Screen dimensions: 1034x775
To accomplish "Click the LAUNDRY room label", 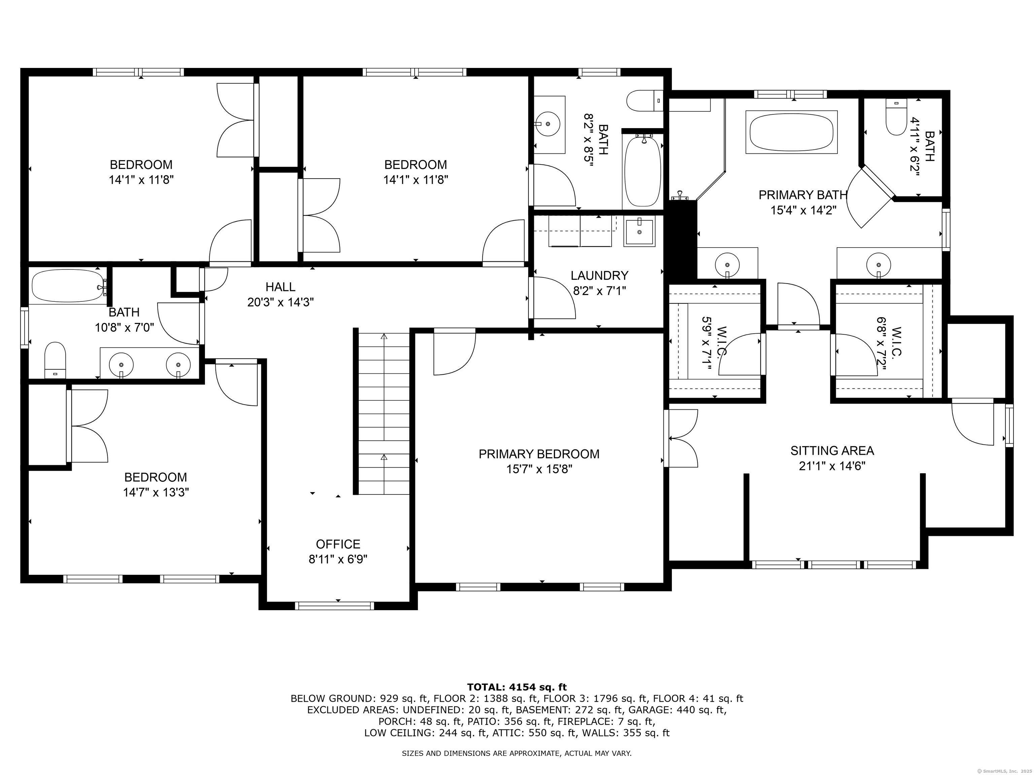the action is (x=599, y=275).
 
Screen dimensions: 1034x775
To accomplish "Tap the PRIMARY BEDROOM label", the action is (x=539, y=454).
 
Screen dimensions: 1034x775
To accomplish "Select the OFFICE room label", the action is (x=338, y=544).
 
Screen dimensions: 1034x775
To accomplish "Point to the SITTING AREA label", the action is (x=832, y=451).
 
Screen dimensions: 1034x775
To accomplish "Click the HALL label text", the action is (x=280, y=287).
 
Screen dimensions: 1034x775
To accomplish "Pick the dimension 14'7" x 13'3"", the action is (x=156, y=492).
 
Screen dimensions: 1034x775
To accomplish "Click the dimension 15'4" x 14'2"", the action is (x=803, y=210).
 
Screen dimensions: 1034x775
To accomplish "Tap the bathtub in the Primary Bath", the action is (x=791, y=132).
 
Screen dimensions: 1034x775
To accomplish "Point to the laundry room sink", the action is (x=640, y=232).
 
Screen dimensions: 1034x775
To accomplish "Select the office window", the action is (x=334, y=606).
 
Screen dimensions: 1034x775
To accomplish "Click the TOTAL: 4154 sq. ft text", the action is (x=517, y=687).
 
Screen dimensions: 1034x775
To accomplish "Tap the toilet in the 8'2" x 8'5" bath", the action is (x=645, y=101).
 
